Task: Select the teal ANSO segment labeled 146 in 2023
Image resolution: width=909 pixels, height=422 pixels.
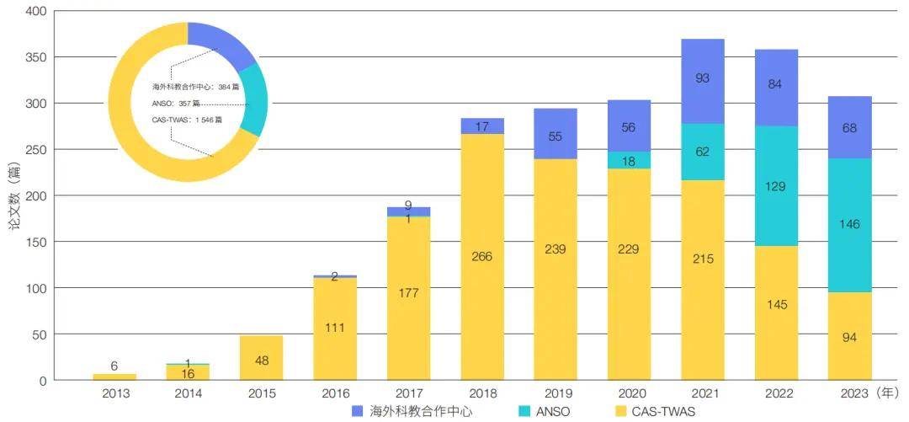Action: click(x=849, y=225)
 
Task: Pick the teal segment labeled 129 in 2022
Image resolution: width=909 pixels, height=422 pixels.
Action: click(x=776, y=185)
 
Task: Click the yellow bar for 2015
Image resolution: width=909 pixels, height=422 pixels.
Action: click(x=261, y=357)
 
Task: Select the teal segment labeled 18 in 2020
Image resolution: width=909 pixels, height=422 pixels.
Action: click(x=629, y=160)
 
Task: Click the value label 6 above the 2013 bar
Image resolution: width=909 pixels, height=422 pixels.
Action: click(x=114, y=366)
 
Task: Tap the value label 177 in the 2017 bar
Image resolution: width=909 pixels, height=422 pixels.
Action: click(x=408, y=293)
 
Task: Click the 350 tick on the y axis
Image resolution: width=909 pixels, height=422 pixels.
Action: click(x=36, y=57)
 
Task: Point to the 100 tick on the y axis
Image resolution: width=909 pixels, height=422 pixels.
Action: click(x=36, y=288)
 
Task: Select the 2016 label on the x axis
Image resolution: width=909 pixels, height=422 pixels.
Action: click(x=334, y=393)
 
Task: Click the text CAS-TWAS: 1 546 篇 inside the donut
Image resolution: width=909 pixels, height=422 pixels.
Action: click(x=188, y=120)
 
